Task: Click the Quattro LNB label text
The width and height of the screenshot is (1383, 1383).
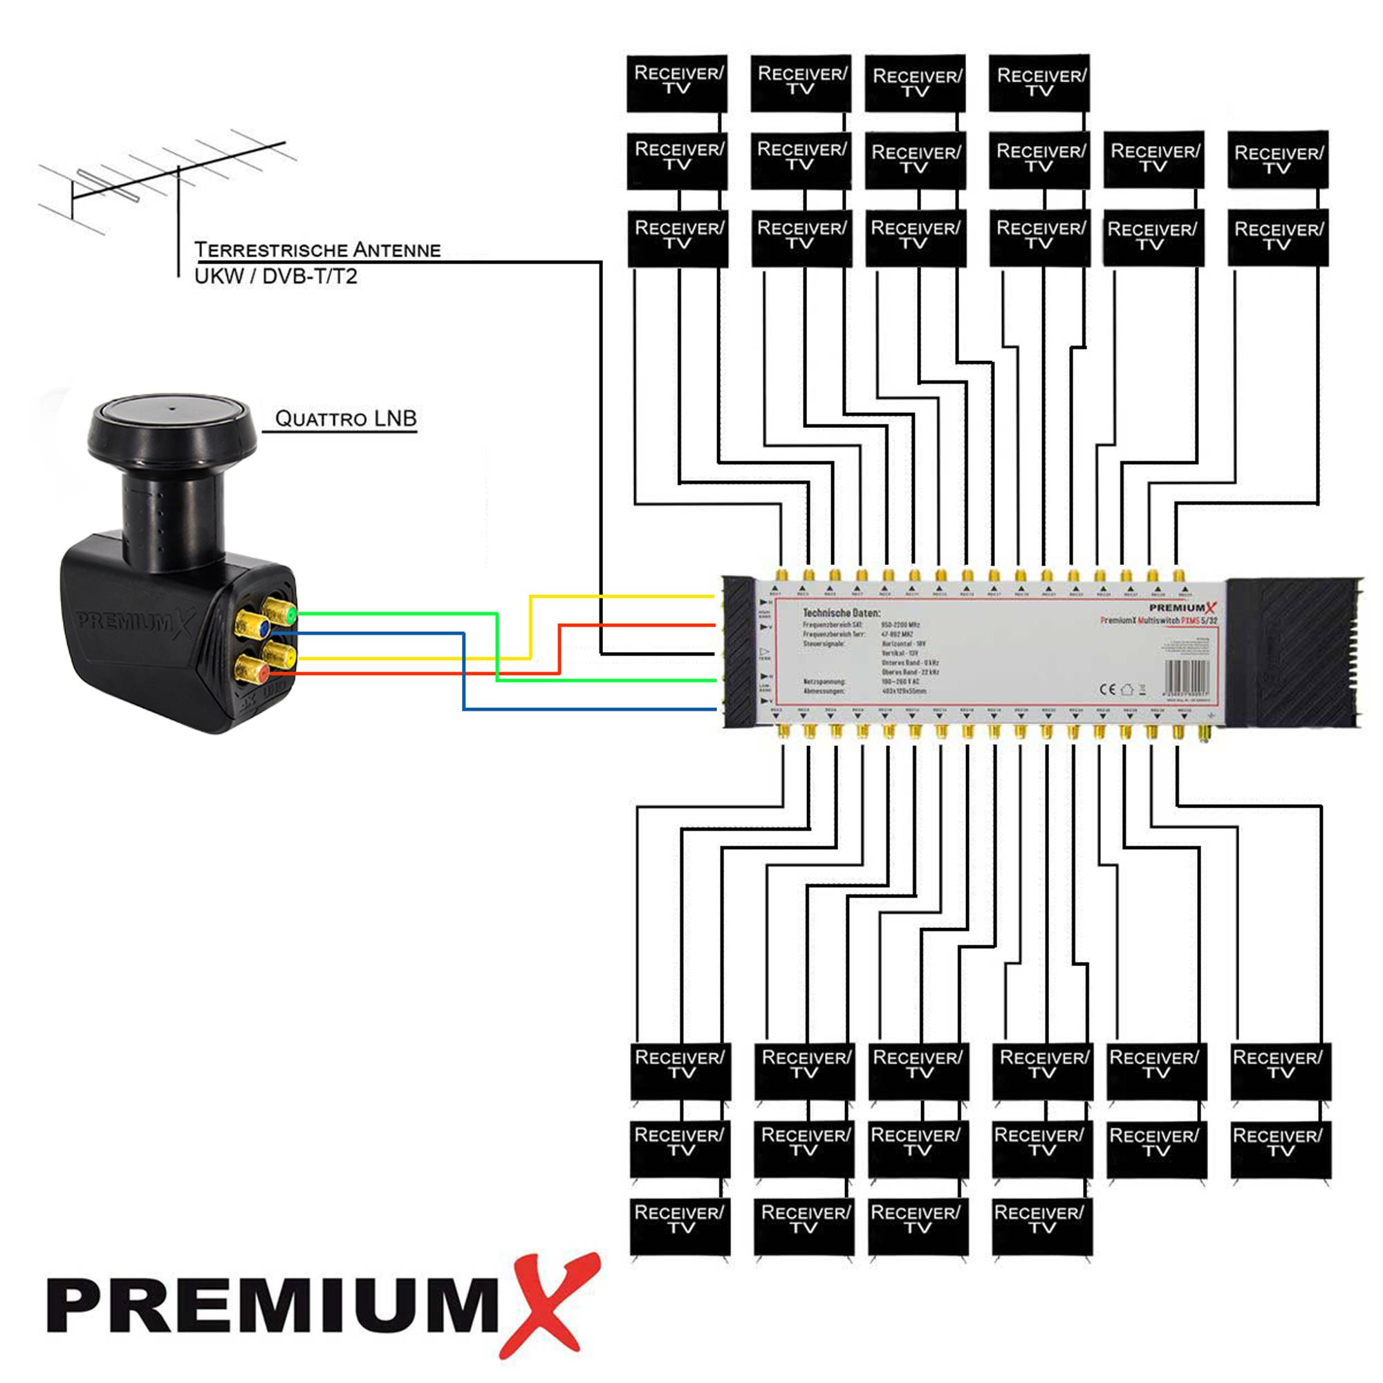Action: [x=346, y=419]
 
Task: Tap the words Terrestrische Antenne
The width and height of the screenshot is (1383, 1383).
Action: [x=317, y=250]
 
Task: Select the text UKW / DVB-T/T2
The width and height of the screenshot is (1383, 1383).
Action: [x=276, y=277]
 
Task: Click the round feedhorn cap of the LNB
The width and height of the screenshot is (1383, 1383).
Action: [x=171, y=415]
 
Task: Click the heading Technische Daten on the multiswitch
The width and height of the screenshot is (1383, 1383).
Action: [x=841, y=613]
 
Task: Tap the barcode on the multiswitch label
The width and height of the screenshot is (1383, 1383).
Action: [x=1187, y=675]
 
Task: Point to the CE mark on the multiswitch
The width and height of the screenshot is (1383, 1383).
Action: [x=1106, y=689]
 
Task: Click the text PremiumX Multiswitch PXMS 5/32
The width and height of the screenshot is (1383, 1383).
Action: [x=1158, y=621]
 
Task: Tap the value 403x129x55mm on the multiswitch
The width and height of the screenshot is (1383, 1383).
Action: [x=904, y=691]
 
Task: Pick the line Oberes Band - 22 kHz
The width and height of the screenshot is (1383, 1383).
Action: [x=910, y=672]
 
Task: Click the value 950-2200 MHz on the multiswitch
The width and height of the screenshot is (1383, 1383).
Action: [x=900, y=625]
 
